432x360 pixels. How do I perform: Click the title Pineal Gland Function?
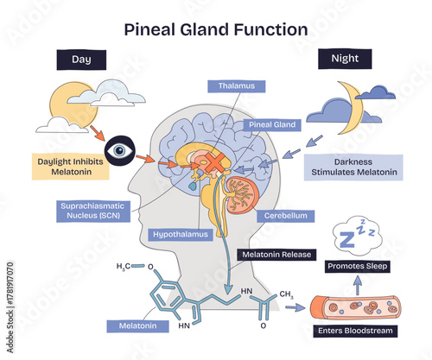(216, 29)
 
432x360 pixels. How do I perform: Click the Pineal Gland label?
(273, 124)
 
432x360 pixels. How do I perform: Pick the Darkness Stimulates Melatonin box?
(355, 166)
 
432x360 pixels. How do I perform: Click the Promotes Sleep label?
(357, 267)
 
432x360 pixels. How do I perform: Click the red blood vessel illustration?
(357, 306)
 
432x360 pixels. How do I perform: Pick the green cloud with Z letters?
(356, 236)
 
